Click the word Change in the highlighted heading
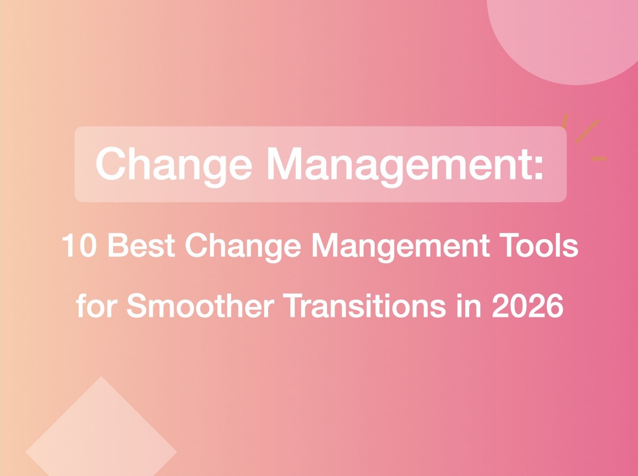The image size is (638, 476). tap(174, 164)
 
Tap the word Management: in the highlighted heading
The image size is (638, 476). tap(405, 164)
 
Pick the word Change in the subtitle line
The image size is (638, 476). tap(242, 246)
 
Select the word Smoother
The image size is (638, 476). tap(200, 305)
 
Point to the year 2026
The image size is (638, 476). tap(528, 305)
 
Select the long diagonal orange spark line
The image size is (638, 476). tap(587, 131)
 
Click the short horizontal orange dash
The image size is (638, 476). tap(598, 158)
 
